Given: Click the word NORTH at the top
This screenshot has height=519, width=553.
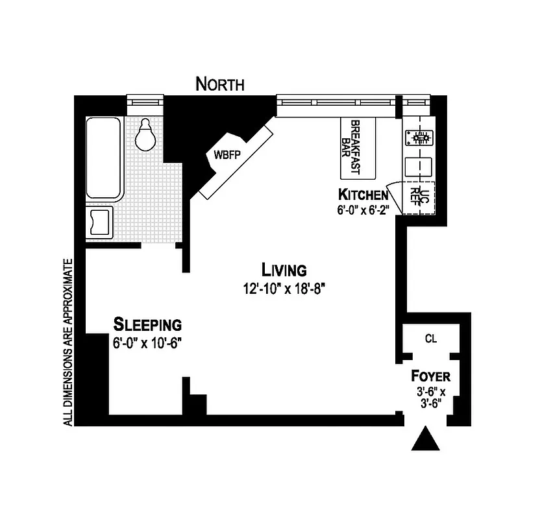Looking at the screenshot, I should point(220,84).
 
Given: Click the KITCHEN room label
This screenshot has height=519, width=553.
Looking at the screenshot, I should point(363,194).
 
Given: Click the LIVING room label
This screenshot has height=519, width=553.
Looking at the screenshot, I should point(284,269).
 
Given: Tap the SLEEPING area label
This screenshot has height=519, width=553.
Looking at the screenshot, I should point(147,324).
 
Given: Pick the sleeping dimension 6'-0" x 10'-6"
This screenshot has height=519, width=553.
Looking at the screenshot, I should point(147,343).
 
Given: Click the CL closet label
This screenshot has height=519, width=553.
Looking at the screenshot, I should point(430,338).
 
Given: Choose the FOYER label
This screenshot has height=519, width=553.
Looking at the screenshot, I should point(430,376).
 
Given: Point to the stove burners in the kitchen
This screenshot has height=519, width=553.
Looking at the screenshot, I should point(419,137).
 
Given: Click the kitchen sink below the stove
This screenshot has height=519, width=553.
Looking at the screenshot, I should point(417,167).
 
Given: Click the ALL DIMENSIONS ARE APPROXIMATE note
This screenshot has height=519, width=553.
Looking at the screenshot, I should point(68,343).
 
